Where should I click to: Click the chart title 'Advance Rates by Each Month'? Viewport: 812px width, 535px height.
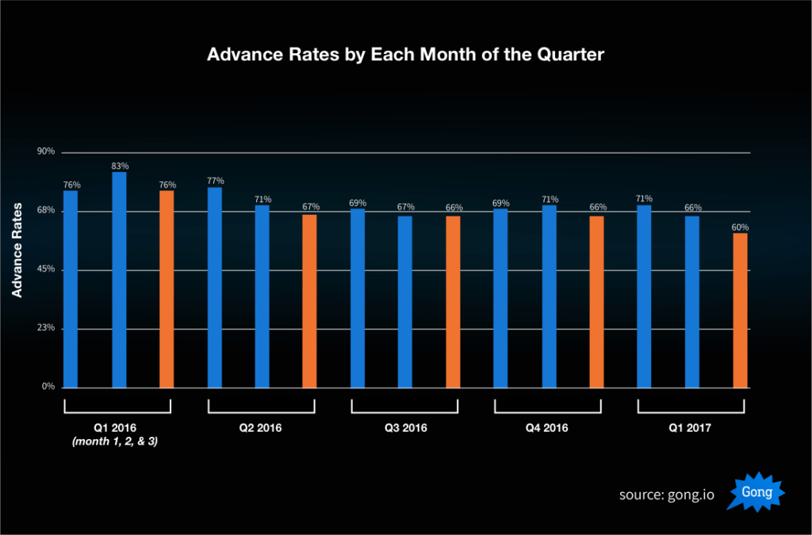[x=405, y=55]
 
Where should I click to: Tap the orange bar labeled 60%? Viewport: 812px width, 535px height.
[x=740, y=310]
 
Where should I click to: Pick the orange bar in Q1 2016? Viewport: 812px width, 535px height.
[x=167, y=289]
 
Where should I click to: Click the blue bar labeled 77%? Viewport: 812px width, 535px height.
[x=214, y=288]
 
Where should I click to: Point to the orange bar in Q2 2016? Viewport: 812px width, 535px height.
[x=309, y=301]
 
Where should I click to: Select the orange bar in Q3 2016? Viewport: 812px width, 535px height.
[x=453, y=302]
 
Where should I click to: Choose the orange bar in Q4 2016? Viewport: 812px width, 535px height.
[x=596, y=302]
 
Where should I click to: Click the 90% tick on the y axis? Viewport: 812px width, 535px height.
[x=46, y=151]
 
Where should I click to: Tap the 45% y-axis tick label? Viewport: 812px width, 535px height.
[x=46, y=269]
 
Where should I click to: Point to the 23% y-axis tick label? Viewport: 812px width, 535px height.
[x=46, y=328]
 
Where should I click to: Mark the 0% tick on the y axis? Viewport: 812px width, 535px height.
[x=48, y=387]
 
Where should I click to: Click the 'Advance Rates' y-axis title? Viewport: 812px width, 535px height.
[x=17, y=250]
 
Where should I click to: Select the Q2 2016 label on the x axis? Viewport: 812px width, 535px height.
[x=261, y=428]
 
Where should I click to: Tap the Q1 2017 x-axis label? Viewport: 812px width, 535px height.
[x=691, y=428]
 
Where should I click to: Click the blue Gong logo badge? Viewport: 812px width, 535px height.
[x=756, y=493]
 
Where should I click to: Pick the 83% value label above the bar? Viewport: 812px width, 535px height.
[x=120, y=166]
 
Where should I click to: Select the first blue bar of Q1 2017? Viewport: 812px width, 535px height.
[x=644, y=296]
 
